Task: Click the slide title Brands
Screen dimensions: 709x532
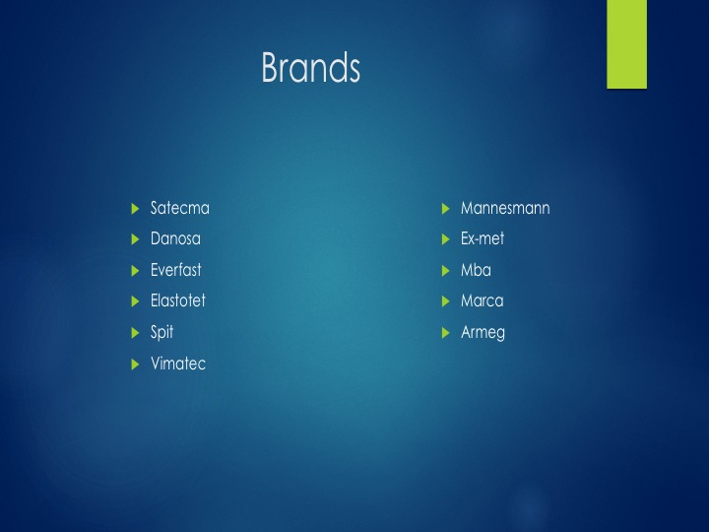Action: point(310,67)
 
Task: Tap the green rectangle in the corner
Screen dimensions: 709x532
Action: point(626,44)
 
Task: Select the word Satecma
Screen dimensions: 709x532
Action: point(180,208)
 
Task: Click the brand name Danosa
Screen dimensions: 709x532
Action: point(175,238)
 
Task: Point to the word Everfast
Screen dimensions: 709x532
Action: point(176,270)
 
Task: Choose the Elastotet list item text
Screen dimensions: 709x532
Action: point(178,300)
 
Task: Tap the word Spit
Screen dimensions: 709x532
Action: point(161,333)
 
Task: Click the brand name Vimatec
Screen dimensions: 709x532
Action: point(178,364)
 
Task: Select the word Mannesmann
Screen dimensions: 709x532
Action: point(505,208)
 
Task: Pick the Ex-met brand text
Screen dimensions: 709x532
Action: point(483,238)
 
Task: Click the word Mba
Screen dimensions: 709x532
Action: point(477,270)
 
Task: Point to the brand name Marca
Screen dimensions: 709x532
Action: point(482,300)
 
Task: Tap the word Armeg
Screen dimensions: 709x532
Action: point(483,333)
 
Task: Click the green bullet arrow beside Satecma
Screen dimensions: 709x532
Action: point(135,209)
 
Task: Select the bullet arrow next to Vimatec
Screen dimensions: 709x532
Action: point(135,365)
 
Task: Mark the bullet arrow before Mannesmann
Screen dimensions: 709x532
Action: point(445,209)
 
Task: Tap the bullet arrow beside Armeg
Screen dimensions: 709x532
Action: point(445,333)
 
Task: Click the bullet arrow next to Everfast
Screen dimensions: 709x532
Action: point(135,271)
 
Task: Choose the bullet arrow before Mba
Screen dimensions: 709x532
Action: point(445,271)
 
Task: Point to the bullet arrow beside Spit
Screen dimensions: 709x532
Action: point(135,333)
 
